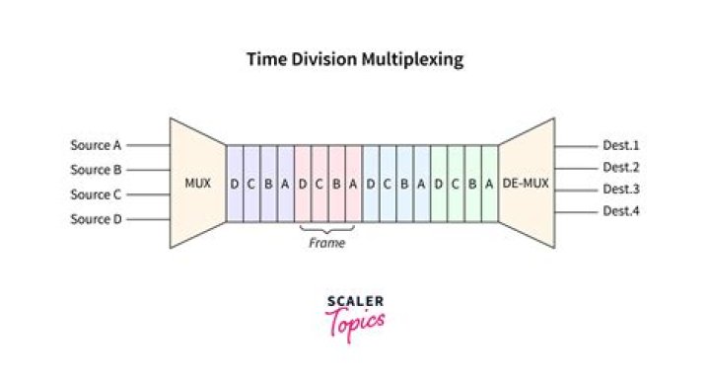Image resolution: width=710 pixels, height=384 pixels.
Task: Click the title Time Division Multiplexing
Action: pyautogui.click(x=354, y=60)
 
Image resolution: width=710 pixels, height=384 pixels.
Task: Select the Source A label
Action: pyautogui.click(x=96, y=145)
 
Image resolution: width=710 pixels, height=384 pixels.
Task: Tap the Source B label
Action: pyautogui.click(x=96, y=170)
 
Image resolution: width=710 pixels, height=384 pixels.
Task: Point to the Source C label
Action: pyautogui.click(x=96, y=194)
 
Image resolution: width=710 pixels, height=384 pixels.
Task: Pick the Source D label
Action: pyautogui.click(x=96, y=219)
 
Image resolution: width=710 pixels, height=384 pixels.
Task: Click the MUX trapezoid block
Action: pyautogui.click(x=198, y=183)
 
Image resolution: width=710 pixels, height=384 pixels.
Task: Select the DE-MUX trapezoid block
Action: pyautogui.click(x=527, y=183)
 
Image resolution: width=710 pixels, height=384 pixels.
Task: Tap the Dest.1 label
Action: pyautogui.click(x=621, y=145)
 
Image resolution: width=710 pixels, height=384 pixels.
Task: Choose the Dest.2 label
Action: pyautogui.click(x=621, y=167)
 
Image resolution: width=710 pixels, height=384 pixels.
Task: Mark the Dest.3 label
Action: pyautogui.click(x=621, y=189)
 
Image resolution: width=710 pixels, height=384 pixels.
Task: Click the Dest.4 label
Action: pyautogui.click(x=621, y=210)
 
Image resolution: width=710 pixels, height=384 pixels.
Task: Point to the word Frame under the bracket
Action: pyautogui.click(x=327, y=243)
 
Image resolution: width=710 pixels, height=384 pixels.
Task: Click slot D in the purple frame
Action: pyautogui.click(x=235, y=183)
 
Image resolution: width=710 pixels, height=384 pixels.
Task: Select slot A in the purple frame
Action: pyautogui.click(x=285, y=183)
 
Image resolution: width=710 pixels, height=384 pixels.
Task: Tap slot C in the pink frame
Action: pyautogui.click(x=319, y=183)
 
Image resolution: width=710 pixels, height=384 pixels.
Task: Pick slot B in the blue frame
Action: pyautogui.click(x=404, y=183)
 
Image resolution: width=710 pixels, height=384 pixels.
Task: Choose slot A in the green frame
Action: pyautogui.click(x=489, y=183)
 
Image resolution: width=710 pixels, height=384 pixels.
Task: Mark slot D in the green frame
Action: pyautogui.click(x=438, y=183)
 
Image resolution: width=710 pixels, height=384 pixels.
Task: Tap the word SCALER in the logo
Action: pyautogui.click(x=355, y=300)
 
